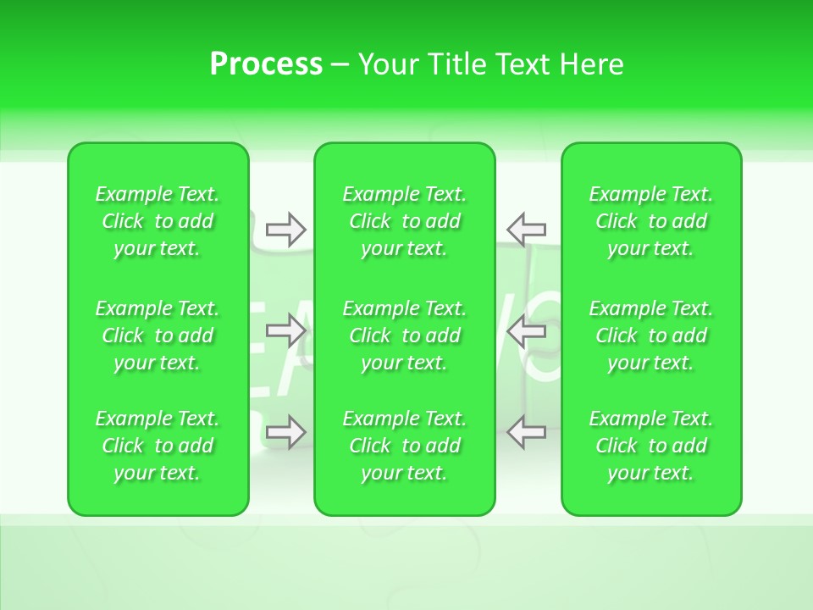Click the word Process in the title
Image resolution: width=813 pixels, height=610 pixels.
(x=266, y=64)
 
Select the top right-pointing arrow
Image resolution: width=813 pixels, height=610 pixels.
(x=285, y=230)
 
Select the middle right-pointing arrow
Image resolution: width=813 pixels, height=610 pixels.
(x=285, y=330)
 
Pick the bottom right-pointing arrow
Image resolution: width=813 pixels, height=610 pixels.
(x=285, y=431)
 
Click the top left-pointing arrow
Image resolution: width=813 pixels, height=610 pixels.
(x=526, y=230)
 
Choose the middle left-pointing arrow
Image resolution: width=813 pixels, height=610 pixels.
(x=526, y=330)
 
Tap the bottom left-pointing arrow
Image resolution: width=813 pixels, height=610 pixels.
(x=526, y=431)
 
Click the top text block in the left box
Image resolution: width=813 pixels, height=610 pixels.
(x=158, y=221)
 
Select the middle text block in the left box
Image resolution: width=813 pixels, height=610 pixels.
(x=158, y=335)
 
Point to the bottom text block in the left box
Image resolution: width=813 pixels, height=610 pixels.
(x=158, y=446)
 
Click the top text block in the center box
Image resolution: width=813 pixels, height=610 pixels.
(x=404, y=221)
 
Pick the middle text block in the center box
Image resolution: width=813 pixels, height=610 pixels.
(x=404, y=335)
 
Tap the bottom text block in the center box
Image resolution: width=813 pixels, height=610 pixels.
(x=404, y=446)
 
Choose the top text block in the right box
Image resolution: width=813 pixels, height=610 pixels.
(x=650, y=221)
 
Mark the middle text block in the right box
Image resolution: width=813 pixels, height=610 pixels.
(x=650, y=335)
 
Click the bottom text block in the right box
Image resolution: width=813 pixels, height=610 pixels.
(x=650, y=446)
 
